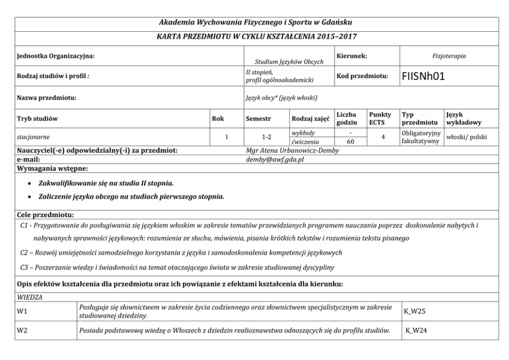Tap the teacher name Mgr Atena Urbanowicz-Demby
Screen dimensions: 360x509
pos(292,150)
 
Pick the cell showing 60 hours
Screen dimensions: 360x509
pos(350,142)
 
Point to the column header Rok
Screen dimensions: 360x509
pos(218,118)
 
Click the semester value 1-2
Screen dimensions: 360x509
pos(265,138)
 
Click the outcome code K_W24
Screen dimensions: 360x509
pos(416,331)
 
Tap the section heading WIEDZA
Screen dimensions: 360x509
pos(29,296)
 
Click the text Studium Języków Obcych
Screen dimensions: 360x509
pos(289,62)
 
